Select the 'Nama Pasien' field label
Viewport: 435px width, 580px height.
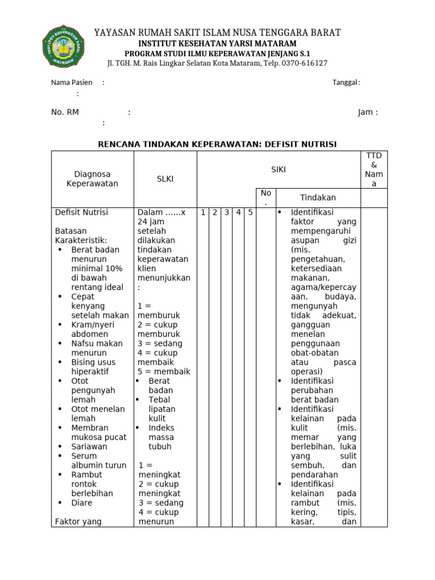pos(72,83)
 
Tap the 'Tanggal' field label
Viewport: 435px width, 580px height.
pos(345,83)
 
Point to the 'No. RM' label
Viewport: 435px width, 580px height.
pos(65,112)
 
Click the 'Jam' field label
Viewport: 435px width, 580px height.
pos(365,112)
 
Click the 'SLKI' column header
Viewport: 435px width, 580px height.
pos(165,179)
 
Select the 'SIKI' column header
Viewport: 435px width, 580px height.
pos(278,169)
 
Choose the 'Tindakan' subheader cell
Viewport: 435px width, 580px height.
pos(318,198)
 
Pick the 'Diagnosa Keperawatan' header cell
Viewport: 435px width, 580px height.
pos(92,179)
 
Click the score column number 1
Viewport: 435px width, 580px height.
pos(203,212)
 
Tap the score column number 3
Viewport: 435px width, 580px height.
pos(227,212)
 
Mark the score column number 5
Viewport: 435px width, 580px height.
pos(250,212)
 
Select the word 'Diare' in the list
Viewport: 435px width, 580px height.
pos(82,502)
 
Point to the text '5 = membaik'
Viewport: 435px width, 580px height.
pos(164,372)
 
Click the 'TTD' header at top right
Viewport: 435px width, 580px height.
pos(374,156)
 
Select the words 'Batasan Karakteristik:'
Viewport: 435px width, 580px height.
pos(81,236)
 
